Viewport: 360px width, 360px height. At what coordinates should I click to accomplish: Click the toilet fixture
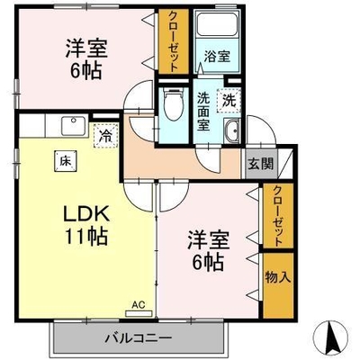pyautogui.click(x=173, y=104)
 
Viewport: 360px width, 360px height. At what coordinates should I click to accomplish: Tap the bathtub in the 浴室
pyautogui.click(x=216, y=23)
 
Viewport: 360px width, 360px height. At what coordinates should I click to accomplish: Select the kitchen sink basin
pyautogui.click(x=74, y=126)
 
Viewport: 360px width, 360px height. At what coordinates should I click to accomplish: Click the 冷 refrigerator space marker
pyautogui.click(x=105, y=136)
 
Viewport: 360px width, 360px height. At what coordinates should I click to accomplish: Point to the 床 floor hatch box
pyautogui.click(x=65, y=161)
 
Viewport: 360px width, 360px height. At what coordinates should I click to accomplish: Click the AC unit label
pyautogui.click(x=139, y=305)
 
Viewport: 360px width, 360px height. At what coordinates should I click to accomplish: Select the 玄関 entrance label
pyautogui.click(x=260, y=164)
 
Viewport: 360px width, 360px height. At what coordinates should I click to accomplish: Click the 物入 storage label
pyautogui.click(x=278, y=278)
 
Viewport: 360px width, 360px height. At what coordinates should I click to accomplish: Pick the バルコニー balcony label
pyautogui.click(x=139, y=338)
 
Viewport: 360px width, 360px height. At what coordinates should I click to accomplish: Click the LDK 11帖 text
pyautogui.click(x=85, y=226)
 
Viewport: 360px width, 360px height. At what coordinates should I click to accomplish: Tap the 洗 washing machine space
pyautogui.click(x=229, y=101)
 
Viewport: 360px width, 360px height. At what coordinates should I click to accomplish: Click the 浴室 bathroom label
pyautogui.click(x=217, y=56)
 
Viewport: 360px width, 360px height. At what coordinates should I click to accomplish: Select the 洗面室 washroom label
pyautogui.click(x=203, y=112)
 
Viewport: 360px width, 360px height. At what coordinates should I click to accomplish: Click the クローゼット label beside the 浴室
pyautogui.click(x=173, y=41)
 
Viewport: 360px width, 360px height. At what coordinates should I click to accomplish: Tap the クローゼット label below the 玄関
pyautogui.click(x=278, y=216)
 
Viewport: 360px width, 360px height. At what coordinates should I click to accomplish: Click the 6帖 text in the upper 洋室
pyautogui.click(x=86, y=71)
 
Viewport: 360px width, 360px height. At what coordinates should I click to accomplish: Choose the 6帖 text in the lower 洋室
pyautogui.click(x=208, y=263)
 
